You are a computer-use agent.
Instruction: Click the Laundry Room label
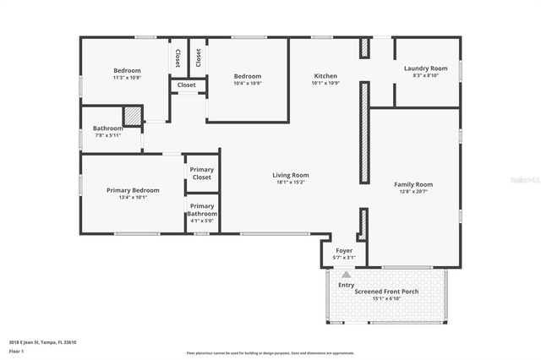(x=425, y=68)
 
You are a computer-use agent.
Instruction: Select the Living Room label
(x=290, y=175)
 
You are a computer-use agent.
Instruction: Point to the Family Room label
(x=413, y=184)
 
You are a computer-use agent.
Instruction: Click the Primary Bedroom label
(x=133, y=190)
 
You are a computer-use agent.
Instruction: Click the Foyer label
(x=344, y=251)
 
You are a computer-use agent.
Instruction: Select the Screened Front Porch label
(x=386, y=292)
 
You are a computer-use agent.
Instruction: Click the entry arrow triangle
(x=345, y=275)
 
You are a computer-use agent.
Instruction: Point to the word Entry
(x=347, y=285)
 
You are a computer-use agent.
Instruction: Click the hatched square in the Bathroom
(x=133, y=116)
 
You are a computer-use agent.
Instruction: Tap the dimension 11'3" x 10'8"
(x=127, y=78)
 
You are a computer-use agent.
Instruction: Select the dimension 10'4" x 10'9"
(x=248, y=83)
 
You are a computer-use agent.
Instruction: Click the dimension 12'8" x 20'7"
(x=413, y=192)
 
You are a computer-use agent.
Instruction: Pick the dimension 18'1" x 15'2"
(x=290, y=183)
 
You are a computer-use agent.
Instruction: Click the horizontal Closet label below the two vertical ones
(x=186, y=85)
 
